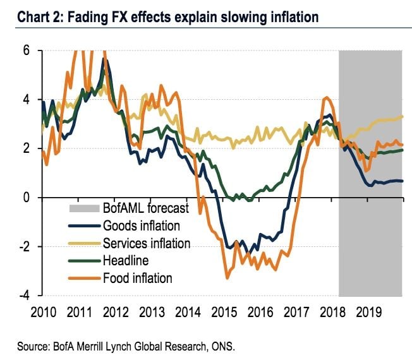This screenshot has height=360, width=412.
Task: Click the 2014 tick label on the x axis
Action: (x=188, y=311)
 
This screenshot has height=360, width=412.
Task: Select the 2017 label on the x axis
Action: (x=294, y=311)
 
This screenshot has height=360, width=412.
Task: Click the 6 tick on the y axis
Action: (x=27, y=51)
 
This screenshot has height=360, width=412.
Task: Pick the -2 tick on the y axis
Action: (x=24, y=247)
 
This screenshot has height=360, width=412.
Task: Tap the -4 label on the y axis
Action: (x=24, y=296)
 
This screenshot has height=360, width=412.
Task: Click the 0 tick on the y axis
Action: (x=27, y=198)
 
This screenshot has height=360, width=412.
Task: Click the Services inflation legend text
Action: (x=146, y=243)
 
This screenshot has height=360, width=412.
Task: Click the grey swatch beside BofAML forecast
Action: (x=83, y=208)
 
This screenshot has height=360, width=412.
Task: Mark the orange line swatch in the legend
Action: (x=83, y=277)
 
